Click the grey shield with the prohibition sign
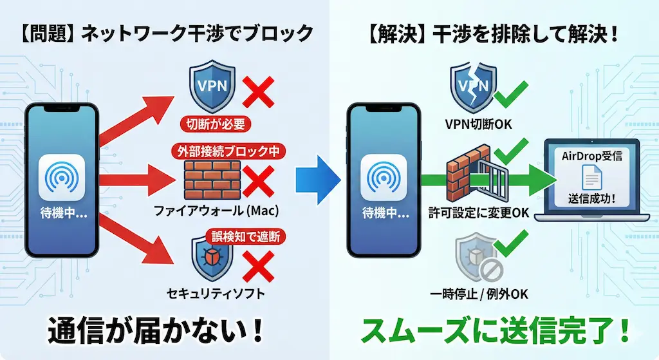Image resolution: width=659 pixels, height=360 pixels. pyautogui.click(x=475, y=258)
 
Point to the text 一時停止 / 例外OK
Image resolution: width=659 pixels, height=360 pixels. pyautogui.click(x=478, y=294)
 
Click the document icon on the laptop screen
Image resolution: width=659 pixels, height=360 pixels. pyautogui.click(x=591, y=175)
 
